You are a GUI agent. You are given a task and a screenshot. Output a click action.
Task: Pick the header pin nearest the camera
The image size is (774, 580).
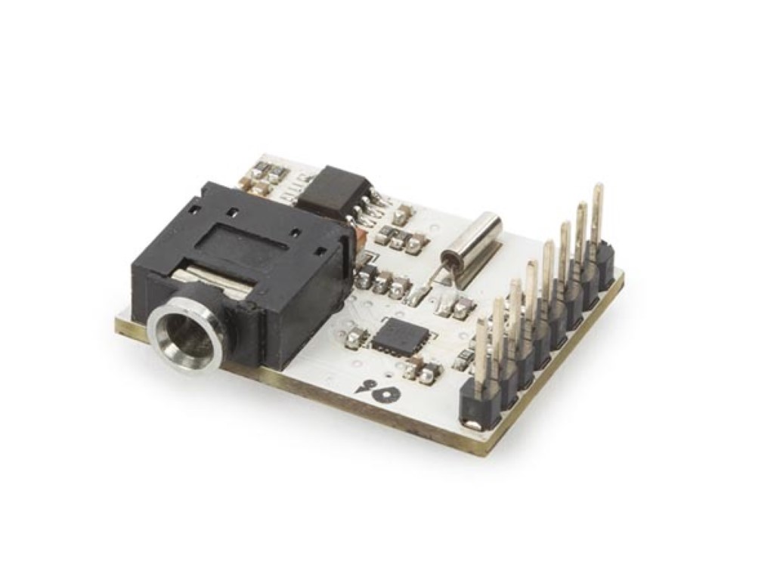point(481,355)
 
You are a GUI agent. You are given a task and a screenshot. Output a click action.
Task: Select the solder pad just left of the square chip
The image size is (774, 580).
point(353,332)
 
